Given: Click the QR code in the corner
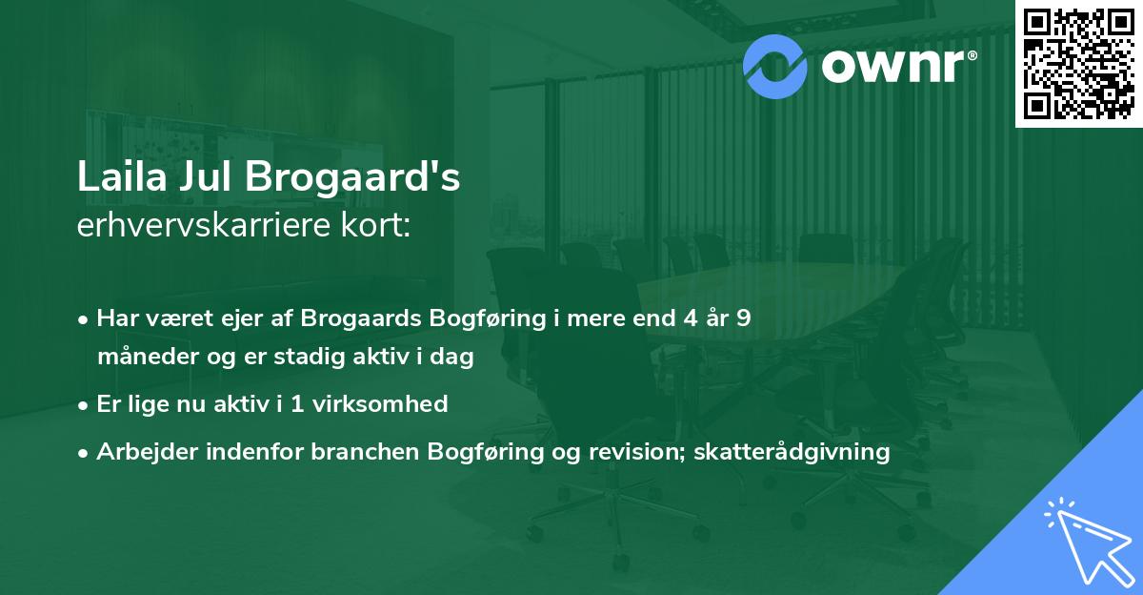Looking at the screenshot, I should point(1079,63).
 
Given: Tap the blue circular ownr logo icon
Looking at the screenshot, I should point(775,65).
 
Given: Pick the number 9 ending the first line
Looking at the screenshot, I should point(743,318).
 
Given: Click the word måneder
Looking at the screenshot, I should point(144,358).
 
